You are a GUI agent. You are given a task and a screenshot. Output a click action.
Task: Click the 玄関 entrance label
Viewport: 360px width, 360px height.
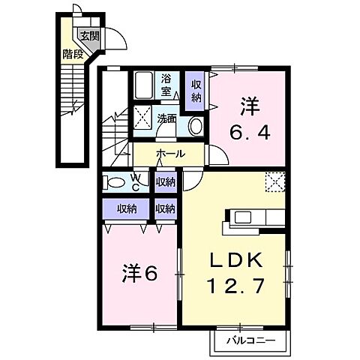point(88,35)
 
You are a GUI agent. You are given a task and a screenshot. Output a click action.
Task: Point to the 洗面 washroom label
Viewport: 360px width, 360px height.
point(166,118)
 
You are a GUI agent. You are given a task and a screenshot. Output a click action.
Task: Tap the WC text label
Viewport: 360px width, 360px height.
point(136,182)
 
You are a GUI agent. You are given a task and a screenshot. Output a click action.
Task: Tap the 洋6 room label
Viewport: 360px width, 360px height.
point(139,273)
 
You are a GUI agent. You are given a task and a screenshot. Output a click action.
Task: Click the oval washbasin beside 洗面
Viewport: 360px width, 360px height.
point(194,125)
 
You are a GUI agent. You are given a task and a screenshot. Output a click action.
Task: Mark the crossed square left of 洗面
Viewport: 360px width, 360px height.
point(142,118)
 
